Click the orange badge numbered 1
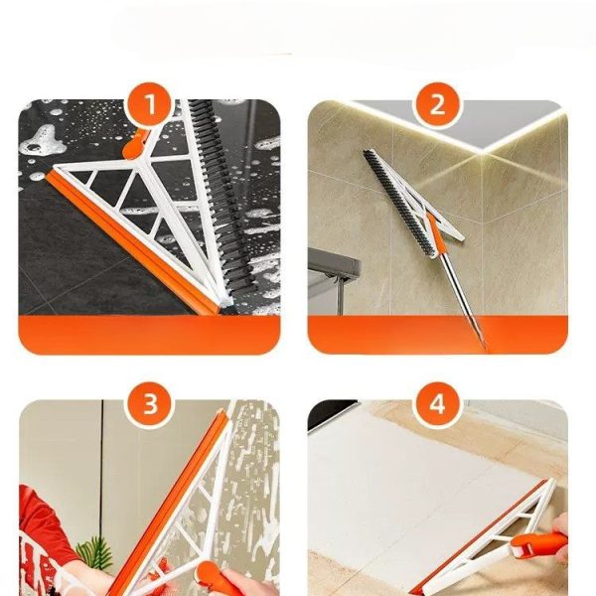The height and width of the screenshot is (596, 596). pos(150,104)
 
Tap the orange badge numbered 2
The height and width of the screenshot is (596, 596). pos(437,104)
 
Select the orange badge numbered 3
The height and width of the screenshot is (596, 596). pos(150,404)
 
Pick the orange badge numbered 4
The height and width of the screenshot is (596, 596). pos(437,404)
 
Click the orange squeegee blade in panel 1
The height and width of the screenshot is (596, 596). pos(131,243)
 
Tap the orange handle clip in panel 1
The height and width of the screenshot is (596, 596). pos(134,146)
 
